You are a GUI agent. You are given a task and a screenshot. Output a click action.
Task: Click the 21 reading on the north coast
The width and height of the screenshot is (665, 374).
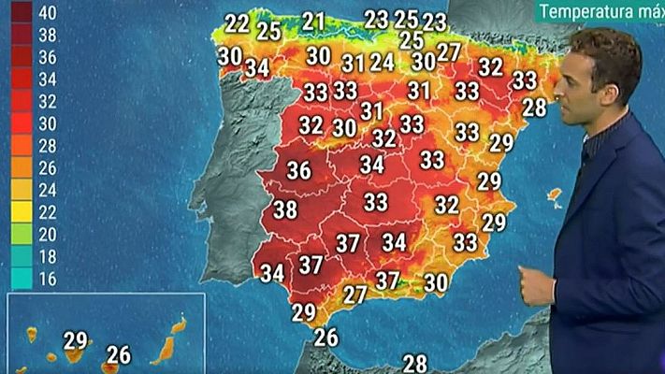tap(314, 21)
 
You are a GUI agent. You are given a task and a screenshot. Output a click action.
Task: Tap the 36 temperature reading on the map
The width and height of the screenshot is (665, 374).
tap(298, 172)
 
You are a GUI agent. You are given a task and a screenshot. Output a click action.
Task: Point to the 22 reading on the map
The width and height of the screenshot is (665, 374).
tap(238, 23)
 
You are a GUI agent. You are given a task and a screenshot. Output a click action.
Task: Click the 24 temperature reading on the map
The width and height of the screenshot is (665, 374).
tap(382, 63)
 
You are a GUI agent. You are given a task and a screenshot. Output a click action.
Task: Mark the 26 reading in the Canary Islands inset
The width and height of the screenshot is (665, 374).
tap(119, 355)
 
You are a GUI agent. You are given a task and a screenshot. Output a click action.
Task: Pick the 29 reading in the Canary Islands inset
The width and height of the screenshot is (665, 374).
tap(76, 340)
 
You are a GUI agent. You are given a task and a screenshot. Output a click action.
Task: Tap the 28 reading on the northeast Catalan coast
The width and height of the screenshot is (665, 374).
tap(534, 108)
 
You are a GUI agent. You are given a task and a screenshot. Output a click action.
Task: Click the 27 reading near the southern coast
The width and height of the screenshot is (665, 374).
tap(354, 295)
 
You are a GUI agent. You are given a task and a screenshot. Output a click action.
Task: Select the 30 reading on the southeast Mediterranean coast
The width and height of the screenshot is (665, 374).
tap(436, 282)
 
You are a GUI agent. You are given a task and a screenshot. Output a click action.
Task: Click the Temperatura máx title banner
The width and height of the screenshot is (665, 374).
tap(599, 12)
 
